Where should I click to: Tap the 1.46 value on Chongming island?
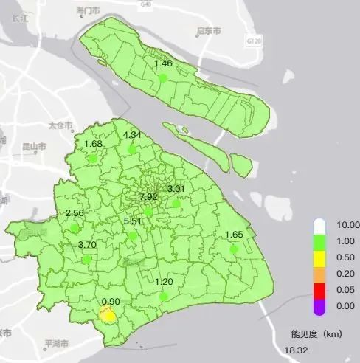[x=163, y=63]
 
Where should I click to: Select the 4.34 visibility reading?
[x=132, y=134]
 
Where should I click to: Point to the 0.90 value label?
[x=111, y=302]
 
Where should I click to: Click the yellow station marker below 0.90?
[x=108, y=315]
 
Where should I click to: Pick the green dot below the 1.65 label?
[x=234, y=249]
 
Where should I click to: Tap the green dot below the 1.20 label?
[x=164, y=297]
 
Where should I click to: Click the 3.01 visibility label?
[x=177, y=189]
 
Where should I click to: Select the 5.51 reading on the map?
[x=133, y=221]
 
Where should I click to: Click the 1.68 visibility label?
[x=93, y=144]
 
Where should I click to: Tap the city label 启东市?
[x=210, y=31]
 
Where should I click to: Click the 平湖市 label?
[x=56, y=344]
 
